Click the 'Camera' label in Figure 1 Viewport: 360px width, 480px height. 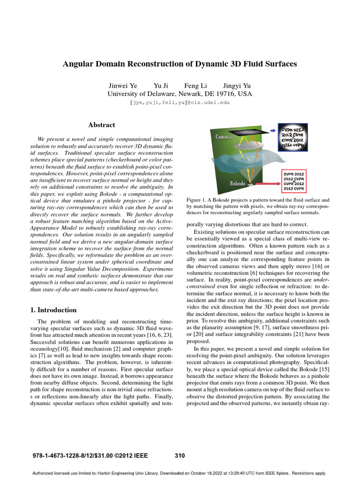click(224, 137)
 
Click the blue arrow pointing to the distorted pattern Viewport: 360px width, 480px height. click(274, 131)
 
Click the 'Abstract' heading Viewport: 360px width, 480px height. click(101, 125)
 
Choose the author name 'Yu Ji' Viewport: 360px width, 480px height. click(161, 86)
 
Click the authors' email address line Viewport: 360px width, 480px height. click(180, 102)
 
